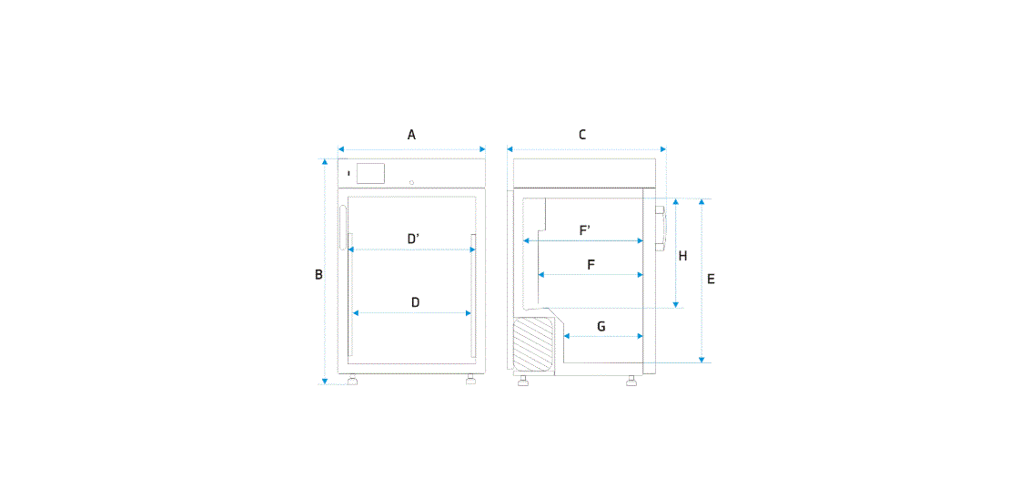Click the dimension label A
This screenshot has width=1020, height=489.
[x=411, y=135]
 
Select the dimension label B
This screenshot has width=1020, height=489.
[x=318, y=274]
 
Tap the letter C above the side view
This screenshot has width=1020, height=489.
[x=582, y=135]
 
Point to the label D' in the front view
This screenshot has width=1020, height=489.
[x=412, y=239]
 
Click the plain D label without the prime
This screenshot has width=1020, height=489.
[x=415, y=302]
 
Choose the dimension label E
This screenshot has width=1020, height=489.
[x=711, y=279]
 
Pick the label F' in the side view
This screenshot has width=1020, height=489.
[x=585, y=230]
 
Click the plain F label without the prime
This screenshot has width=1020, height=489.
[x=591, y=265]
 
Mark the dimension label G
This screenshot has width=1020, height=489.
[x=601, y=326]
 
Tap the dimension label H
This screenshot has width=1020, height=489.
[x=682, y=256]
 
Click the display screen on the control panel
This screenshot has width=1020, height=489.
[x=369, y=173]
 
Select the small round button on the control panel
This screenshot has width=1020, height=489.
[x=412, y=181]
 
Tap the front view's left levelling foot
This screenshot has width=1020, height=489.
[x=352, y=381]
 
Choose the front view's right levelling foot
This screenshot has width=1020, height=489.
[x=470, y=381]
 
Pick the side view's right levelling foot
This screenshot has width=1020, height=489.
[x=631, y=382]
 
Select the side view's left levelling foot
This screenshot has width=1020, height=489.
[x=524, y=382]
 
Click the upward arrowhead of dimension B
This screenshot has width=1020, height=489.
[x=325, y=162]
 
